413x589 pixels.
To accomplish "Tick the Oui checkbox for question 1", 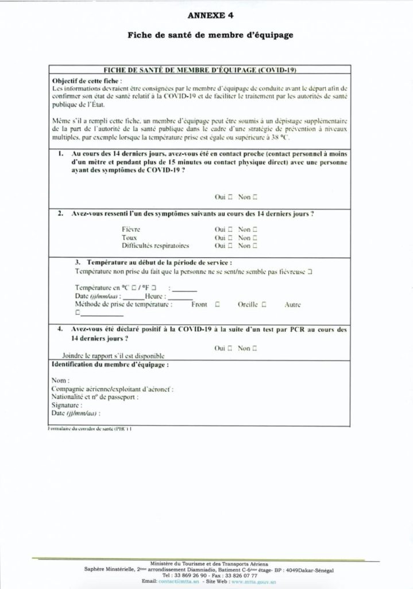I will [230, 197].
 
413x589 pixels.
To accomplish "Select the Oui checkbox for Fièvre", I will [230, 229].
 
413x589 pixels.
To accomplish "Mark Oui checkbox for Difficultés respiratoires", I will [230, 246].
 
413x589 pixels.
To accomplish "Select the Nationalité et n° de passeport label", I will [94, 397].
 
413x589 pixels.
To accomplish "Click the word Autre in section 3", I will [292, 304].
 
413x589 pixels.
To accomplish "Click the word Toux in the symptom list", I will [129, 237].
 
